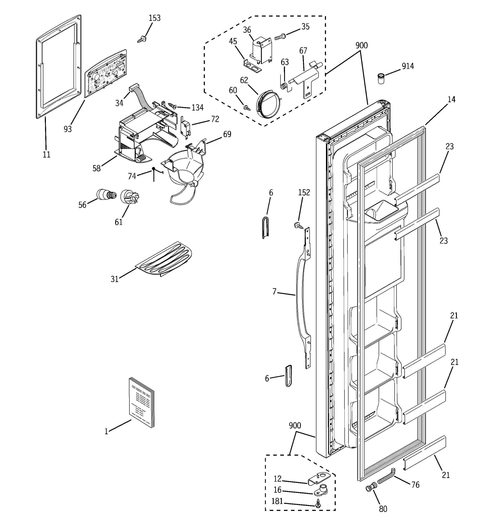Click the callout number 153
(x=154, y=18)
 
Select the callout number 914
(x=408, y=66)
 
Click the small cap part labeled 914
(x=381, y=79)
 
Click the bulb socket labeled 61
(x=129, y=197)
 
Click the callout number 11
(x=47, y=155)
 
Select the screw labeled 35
(x=280, y=37)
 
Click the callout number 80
(x=383, y=509)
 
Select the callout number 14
(x=451, y=99)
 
